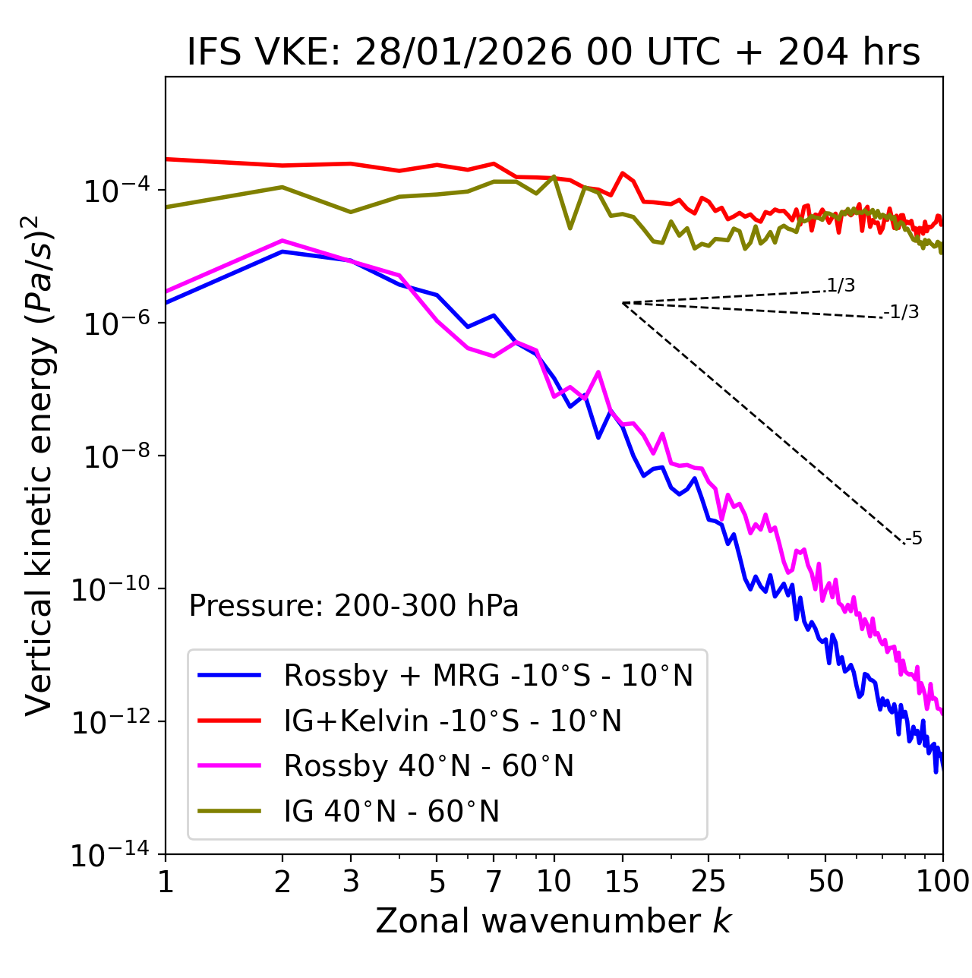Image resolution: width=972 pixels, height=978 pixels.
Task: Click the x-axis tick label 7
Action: [x=494, y=882]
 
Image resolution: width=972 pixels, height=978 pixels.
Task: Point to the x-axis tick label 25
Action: [x=708, y=882]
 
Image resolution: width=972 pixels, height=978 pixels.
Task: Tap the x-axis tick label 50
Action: [x=826, y=882]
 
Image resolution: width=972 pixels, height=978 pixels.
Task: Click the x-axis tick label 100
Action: [x=942, y=882]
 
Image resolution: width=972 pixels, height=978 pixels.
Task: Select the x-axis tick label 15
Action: [x=623, y=882]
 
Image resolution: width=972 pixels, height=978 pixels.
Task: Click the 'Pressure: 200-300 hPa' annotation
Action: [x=354, y=606]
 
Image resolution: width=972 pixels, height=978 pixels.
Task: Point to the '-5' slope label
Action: [x=914, y=539]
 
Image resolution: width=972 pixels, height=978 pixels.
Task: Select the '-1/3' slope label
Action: [x=901, y=312]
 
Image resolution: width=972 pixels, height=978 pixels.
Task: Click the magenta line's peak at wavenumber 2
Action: [x=282, y=241]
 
